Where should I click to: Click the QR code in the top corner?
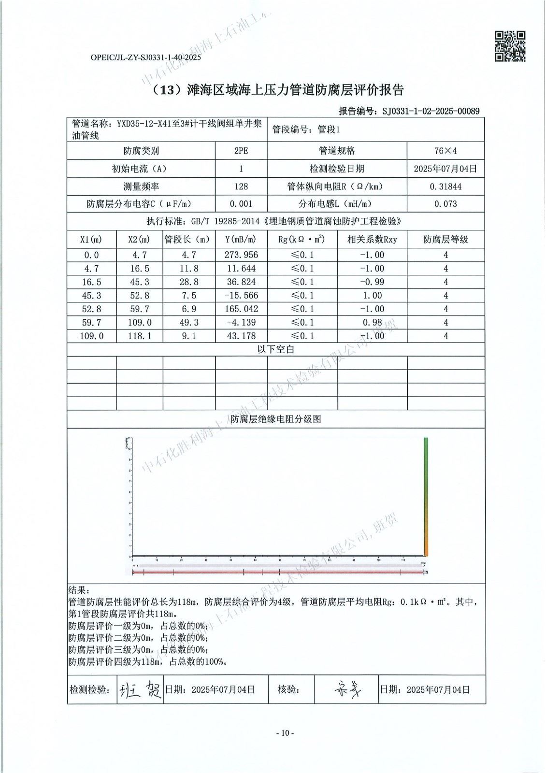click(x=510, y=46)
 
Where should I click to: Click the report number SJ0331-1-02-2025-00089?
click(x=431, y=111)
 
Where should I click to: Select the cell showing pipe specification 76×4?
click(x=445, y=151)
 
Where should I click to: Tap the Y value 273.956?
click(x=241, y=255)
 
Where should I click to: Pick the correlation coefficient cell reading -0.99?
click(x=372, y=282)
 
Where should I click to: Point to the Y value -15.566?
click(x=241, y=296)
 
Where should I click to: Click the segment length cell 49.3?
click(x=188, y=323)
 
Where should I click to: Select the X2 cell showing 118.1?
click(x=139, y=336)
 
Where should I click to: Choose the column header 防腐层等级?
click(x=445, y=240)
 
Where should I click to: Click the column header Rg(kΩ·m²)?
click(x=302, y=240)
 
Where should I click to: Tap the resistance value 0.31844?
click(x=445, y=186)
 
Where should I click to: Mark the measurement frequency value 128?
click(x=241, y=186)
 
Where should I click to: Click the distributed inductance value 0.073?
click(x=445, y=204)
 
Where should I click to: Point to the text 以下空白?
click(x=275, y=350)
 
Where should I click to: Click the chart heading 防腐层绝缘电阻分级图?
click(x=275, y=419)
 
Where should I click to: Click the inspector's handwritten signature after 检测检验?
click(x=140, y=690)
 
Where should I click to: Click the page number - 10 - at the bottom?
click(x=285, y=733)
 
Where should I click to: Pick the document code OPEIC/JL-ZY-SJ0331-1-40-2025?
click(x=145, y=57)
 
